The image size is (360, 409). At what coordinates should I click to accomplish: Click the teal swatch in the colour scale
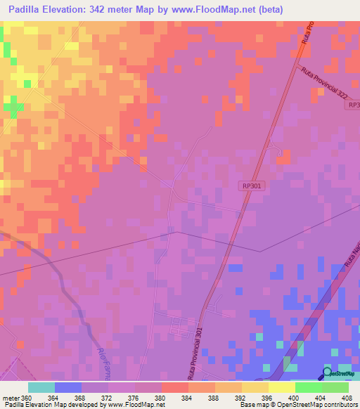[x=41, y=387]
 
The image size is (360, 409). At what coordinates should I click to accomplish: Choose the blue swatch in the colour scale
[x=67, y=387]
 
